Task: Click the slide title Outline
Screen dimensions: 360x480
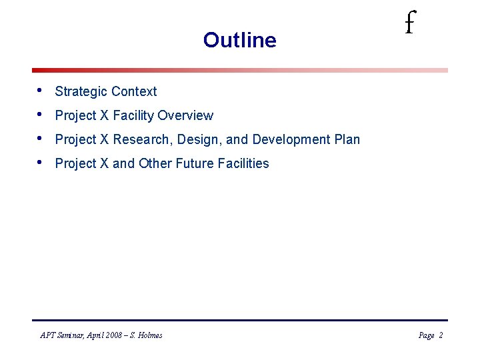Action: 239,40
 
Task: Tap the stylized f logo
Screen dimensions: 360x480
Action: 409,25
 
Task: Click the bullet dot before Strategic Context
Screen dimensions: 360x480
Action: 41,90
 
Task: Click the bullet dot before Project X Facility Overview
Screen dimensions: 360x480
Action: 41,114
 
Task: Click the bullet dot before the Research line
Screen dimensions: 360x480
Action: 41,138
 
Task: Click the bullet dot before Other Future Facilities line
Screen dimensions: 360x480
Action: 41,162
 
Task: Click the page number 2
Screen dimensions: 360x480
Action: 441,335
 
